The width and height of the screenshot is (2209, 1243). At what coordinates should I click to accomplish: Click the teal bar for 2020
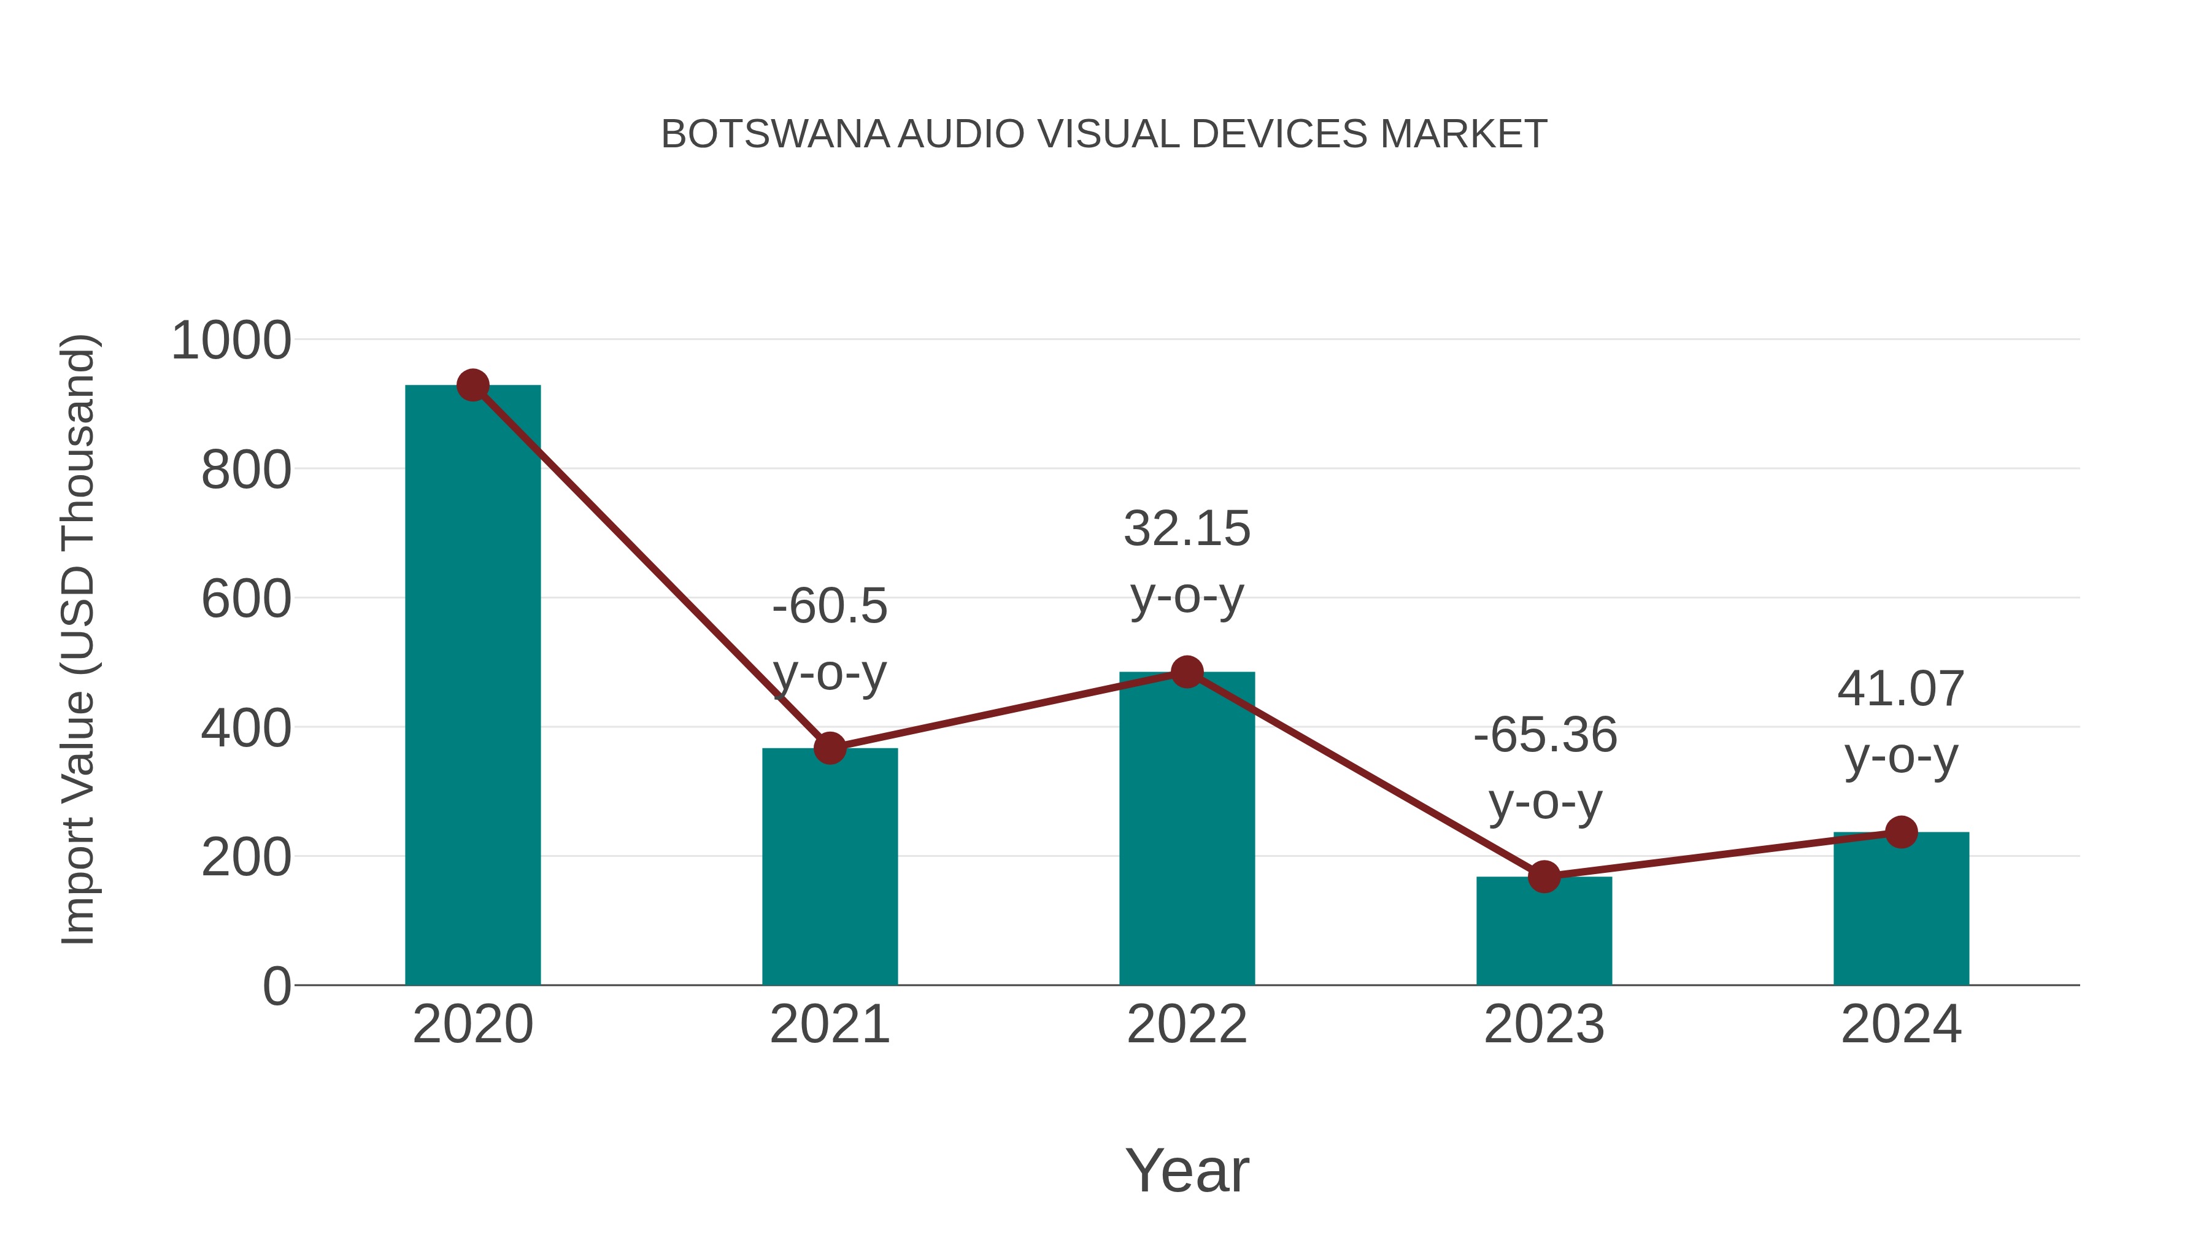(472, 686)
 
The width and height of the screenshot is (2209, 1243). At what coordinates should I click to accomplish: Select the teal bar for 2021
(829, 866)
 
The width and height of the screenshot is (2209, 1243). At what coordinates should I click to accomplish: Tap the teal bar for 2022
(1187, 829)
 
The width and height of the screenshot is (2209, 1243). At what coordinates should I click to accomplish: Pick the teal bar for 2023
(1544, 931)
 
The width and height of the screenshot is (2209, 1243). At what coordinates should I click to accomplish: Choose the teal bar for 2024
(1901, 908)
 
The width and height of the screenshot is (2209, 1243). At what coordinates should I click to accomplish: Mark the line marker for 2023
(1544, 877)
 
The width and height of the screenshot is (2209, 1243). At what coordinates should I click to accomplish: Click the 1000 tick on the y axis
(231, 341)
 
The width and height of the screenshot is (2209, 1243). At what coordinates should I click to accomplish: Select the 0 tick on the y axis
(276, 986)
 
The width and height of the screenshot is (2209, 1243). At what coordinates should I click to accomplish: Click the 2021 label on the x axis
(829, 1024)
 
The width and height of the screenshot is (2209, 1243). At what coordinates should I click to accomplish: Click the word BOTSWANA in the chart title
(774, 134)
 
